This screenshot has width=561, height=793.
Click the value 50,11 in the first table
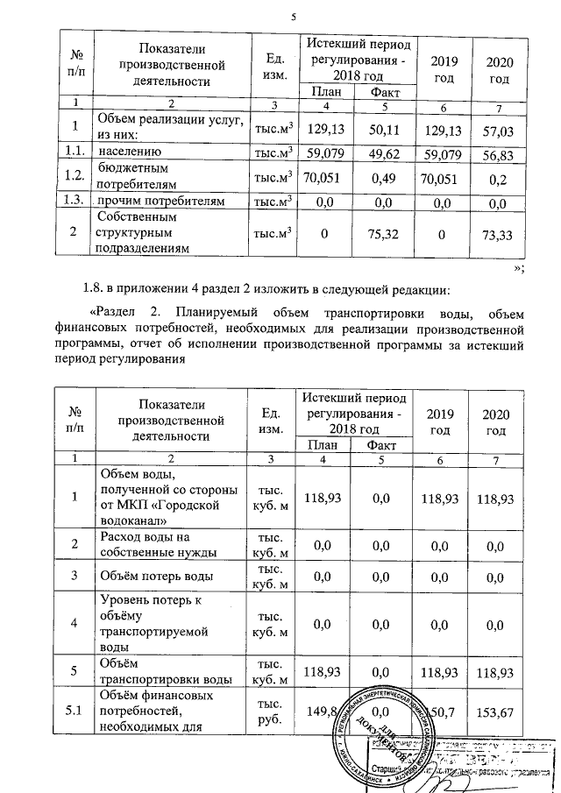tap(382, 130)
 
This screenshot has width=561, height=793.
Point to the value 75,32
tap(382, 233)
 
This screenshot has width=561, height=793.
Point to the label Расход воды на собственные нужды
tap(147, 544)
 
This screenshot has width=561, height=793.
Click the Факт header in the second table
tap(382, 445)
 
